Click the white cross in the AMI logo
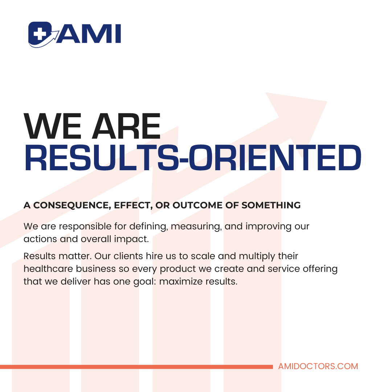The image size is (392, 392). pos(38,33)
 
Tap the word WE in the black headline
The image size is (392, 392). pos(53,126)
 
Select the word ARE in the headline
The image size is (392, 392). pos(126,126)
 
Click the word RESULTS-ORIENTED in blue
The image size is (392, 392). pos(193,158)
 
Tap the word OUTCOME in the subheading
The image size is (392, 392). pos(197,205)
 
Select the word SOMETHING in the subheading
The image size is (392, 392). pos(271,205)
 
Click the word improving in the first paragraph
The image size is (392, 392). pos(269,227)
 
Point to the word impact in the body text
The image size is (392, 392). pos(131,239)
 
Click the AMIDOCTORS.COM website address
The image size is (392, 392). pos(318,367)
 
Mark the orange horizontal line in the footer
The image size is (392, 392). pos(136,367)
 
